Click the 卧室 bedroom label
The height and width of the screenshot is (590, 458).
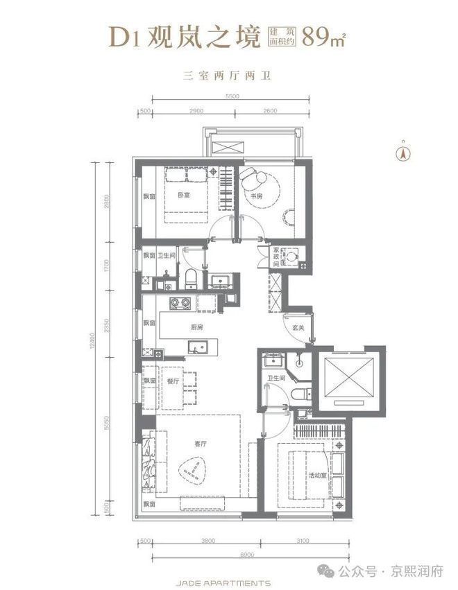[x=184, y=196]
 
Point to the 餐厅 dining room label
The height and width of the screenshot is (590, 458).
[x=173, y=381]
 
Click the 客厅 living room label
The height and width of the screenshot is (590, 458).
[x=199, y=444]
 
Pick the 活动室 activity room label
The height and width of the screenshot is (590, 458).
[x=318, y=475]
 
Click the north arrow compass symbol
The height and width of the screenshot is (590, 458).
[x=400, y=153]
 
